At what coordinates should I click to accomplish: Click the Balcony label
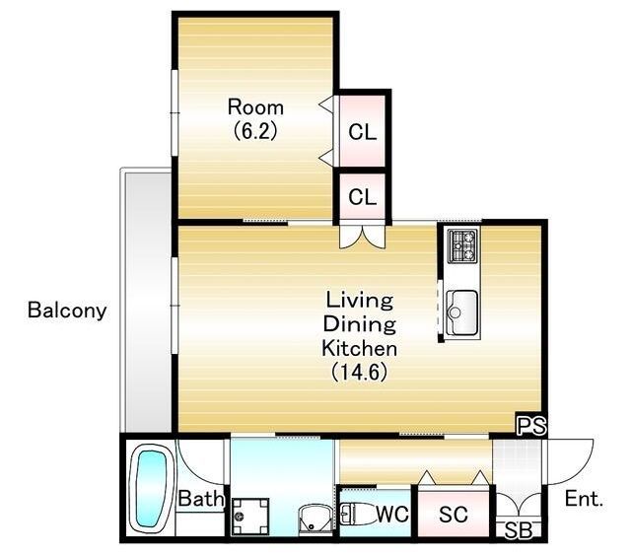[x=67, y=311]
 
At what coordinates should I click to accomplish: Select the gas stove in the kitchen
[x=462, y=245]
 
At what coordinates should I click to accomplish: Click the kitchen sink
[x=462, y=312]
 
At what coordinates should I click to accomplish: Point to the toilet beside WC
[x=356, y=514]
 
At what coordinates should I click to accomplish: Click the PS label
[x=531, y=426]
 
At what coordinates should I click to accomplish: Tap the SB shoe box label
[x=518, y=530]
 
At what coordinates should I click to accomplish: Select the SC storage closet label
[x=454, y=514]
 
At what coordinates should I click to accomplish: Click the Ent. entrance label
[x=584, y=499]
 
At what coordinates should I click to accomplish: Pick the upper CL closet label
[x=363, y=132]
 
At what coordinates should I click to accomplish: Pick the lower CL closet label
[x=363, y=197]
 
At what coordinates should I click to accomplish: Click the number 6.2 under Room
[x=255, y=131]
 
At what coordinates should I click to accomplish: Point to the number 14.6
[x=359, y=372]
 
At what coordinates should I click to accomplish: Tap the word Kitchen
[x=359, y=349]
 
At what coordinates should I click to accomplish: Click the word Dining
[x=359, y=324]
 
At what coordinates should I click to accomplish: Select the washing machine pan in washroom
[x=250, y=516]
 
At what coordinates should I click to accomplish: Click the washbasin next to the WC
[x=315, y=520]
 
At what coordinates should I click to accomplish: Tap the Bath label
[x=201, y=499]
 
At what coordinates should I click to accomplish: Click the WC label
[x=392, y=514]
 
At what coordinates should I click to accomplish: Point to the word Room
[x=255, y=107]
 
